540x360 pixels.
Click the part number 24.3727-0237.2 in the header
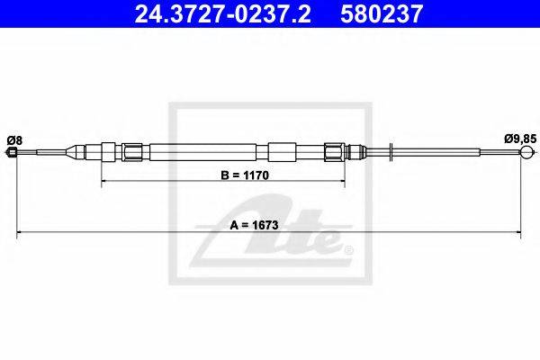point(223,13)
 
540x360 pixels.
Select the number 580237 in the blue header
point(382,13)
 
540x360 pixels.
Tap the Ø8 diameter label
point(14,140)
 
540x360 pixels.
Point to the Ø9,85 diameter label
point(520,139)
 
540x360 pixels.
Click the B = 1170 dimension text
point(245,175)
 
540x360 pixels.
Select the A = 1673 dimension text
point(254,225)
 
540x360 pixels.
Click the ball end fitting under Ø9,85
point(526,152)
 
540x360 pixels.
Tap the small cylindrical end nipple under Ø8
point(12,151)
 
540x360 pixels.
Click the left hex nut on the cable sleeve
point(132,152)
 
